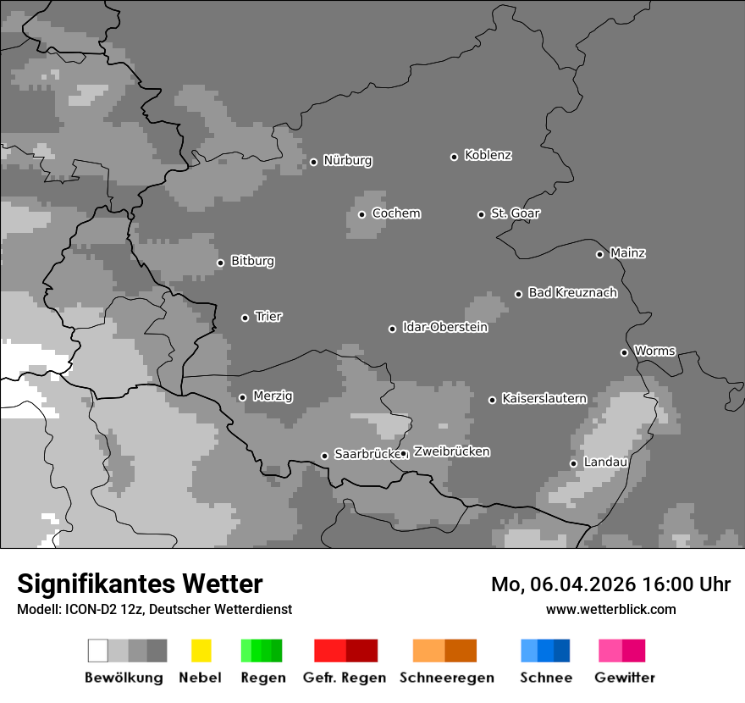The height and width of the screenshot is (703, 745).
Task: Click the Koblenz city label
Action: [x=488, y=155]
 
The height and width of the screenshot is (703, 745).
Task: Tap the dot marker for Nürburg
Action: [x=313, y=162]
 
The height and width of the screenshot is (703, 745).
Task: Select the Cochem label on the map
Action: [x=395, y=213]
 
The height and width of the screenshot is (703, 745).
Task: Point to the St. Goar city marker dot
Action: [x=481, y=214]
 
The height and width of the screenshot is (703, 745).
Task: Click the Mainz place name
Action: [x=627, y=252]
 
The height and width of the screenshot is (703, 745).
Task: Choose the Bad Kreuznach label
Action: [x=572, y=293]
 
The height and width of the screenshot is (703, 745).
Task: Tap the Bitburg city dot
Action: [x=220, y=263]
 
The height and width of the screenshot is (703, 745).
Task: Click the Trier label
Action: [x=268, y=317]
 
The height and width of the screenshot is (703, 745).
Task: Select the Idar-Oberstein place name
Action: [x=444, y=327]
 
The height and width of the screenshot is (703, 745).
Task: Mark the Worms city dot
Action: [x=624, y=352]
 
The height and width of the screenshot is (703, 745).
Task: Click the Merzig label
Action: [x=273, y=396]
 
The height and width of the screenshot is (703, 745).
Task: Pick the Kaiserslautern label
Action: [x=544, y=398]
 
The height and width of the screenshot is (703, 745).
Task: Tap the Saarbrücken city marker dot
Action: [x=324, y=456]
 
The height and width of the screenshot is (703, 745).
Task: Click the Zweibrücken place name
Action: [x=451, y=451]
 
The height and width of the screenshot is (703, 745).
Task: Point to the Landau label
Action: [x=605, y=462]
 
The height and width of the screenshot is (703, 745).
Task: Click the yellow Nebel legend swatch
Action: [x=201, y=650]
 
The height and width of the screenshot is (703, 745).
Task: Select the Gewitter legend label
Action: [x=624, y=678]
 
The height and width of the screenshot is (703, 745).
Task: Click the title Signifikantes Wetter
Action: [x=140, y=584]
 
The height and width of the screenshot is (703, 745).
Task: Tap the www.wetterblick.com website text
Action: [x=610, y=609]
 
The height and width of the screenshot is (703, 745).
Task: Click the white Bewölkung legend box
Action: [x=97, y=650]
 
